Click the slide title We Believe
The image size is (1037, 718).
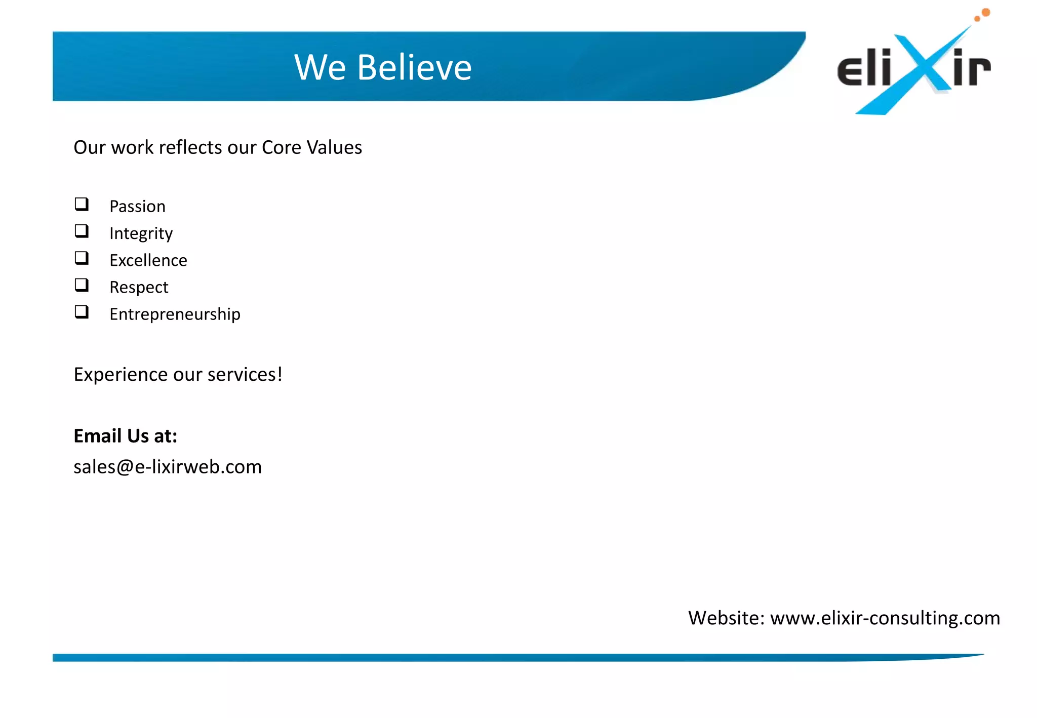[383, 67]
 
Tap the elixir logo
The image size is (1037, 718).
[914, 66]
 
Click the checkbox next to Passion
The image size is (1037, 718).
[82, 205]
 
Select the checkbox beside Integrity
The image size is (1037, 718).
[82, 231]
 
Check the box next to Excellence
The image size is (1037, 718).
[82, 258]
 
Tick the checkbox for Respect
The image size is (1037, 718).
[82, 285]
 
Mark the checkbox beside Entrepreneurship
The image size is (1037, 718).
[82, 312]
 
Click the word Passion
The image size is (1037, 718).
[137, 207]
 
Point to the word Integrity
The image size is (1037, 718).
[141, 233]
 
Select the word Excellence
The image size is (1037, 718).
[148, 260]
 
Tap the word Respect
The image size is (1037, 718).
[139, 287]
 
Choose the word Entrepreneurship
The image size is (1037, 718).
[175, 314]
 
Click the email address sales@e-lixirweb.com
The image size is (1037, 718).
[168, 467]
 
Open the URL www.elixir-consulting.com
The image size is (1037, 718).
[885, 618]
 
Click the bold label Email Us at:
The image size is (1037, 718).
[125, 436]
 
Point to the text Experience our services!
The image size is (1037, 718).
[178, 375]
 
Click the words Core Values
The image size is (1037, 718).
[311, 147]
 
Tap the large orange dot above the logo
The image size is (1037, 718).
[985, 12]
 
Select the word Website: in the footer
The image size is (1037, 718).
[726, 618]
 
